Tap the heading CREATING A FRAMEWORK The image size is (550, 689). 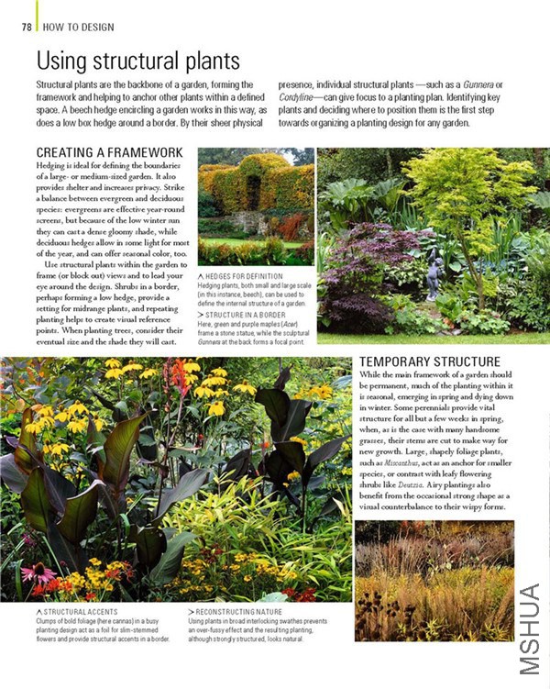click(x=109, y=151)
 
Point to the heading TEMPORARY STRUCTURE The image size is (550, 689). click(x=430, y=361)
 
